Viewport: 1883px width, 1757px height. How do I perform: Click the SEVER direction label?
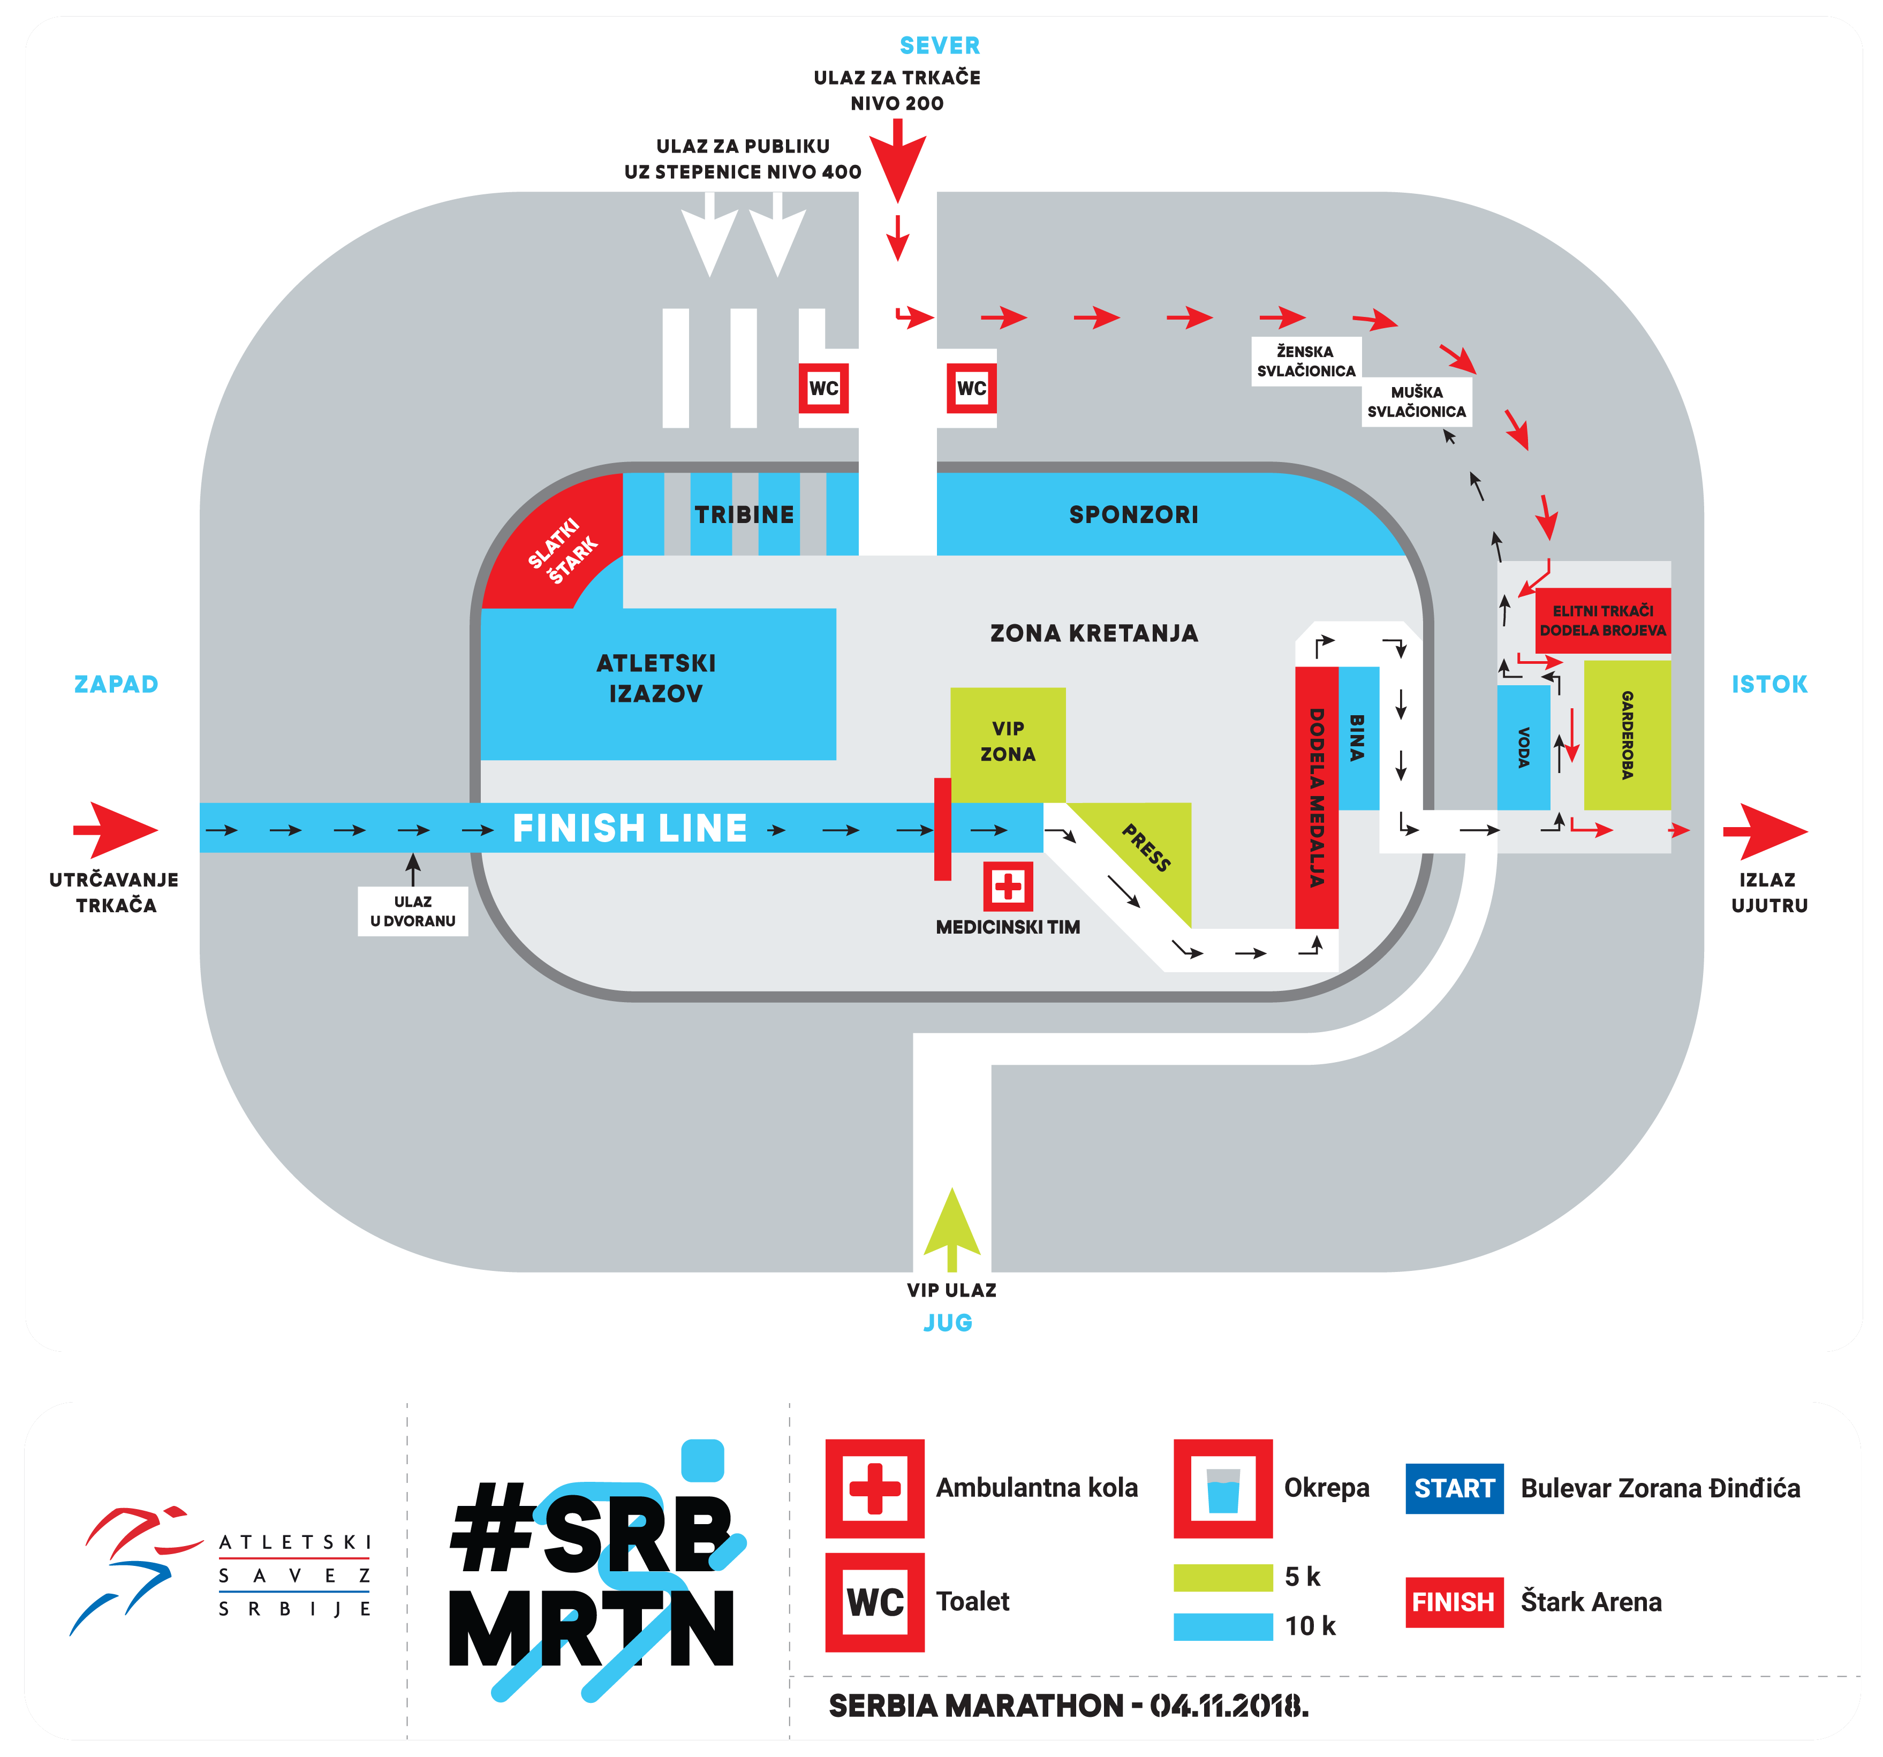[x=940, y=46]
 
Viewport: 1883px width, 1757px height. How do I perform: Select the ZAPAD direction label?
[x=117, y=684]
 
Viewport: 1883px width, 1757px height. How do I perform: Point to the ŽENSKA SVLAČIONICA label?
[x=1306, y=361]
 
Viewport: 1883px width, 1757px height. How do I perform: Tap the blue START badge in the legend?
[x=1454, y=1488]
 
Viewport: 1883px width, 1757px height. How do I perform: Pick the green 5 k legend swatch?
[x=1223, y=1577]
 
